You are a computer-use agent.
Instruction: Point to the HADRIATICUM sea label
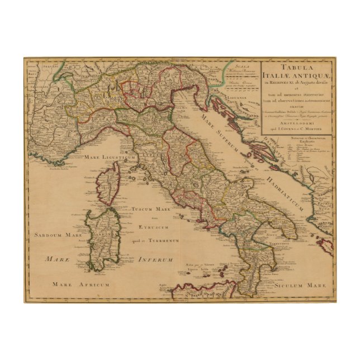tap(278, 182)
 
